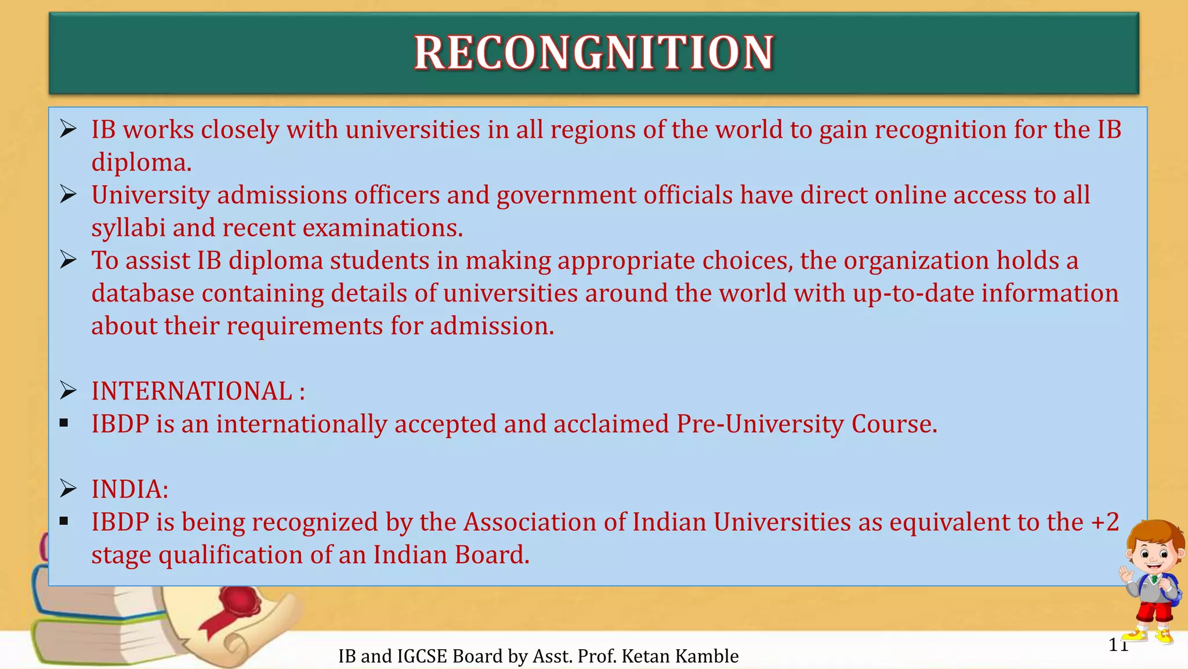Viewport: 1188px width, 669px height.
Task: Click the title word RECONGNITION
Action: [x=593, y=53]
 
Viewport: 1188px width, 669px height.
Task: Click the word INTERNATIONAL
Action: [x=191, y=391]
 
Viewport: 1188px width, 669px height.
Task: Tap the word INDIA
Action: [x=127, y=490]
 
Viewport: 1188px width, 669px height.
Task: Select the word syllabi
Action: [x=128, y=228]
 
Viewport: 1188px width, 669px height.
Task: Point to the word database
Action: [x=143, y=293]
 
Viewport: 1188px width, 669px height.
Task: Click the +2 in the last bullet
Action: [x=1104, y=522]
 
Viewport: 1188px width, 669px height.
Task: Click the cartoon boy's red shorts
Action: [x=1154, y=613]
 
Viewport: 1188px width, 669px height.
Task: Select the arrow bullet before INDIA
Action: [x=68, y=489]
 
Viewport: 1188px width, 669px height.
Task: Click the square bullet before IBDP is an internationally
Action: [x=64, y=423]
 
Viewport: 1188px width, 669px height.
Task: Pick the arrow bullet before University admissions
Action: [x=68, y=195]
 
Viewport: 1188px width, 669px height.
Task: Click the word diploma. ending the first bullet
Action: [x=141, y=163]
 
